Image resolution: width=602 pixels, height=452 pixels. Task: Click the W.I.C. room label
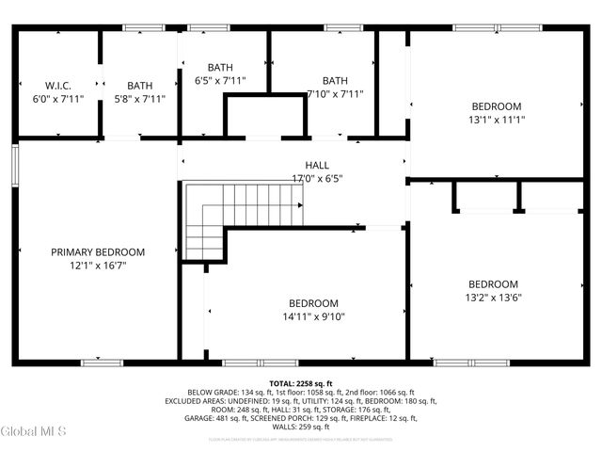coord(58,85)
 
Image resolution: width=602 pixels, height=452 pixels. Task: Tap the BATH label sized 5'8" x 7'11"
coord(139,85)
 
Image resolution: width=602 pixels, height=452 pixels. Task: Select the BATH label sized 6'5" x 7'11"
coord(219,67)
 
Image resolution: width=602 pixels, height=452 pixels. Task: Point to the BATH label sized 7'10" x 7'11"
coord(334,80)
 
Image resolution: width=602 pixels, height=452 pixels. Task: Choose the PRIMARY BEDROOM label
coord(98,252)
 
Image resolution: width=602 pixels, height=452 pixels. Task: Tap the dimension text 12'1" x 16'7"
coord(98,266)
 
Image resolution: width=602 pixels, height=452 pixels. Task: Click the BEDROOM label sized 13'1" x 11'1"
coord(496,106)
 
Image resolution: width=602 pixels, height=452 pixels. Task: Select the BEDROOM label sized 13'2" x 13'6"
coord(494,284)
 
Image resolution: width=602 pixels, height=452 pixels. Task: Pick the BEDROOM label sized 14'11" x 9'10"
coord(313,303)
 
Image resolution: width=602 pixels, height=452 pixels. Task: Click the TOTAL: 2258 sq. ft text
coord(301,383)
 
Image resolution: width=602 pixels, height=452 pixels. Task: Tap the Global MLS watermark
coord(34,432)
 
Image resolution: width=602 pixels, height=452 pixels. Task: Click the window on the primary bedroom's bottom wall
coord(102,363)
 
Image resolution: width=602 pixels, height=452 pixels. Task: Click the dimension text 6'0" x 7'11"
coord(58,98)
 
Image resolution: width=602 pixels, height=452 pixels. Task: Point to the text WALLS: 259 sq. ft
coord(300,426)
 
